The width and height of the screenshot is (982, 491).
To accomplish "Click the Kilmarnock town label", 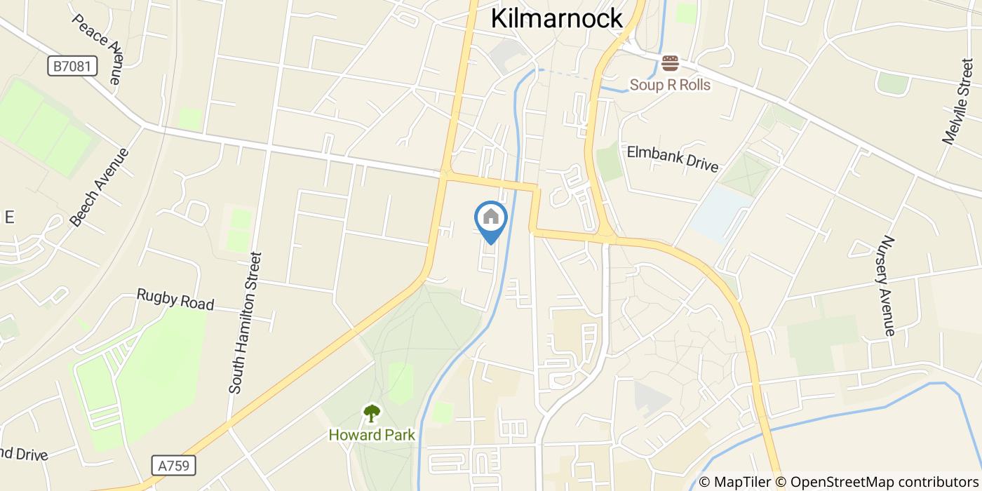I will pyautogui.click(x=557, y=18).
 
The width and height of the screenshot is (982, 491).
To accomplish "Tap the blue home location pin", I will pyautogui.click(x=491, y=222).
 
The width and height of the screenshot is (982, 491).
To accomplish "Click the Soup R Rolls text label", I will pyautogui.click(x=670, y=85).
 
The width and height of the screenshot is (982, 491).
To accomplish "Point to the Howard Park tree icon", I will pyautogui.click(x=372, y=414).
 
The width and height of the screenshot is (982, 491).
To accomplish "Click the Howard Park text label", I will pyautogui.click(x=372, y=435).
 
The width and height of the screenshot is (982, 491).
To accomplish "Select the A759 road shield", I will pyautogui.click(x=173, y=465).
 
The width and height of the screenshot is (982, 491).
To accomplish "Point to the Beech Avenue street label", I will pyautogui.click(x=100, y=187).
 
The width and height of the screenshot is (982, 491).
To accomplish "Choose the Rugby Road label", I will pyautogui.click(x=175, y=300).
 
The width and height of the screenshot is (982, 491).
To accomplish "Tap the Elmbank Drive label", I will pyautogui.click(x=673, y=159).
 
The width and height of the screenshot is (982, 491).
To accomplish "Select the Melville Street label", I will pyautogui.click(x=958, y=102).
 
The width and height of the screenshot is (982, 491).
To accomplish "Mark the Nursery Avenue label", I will pyautogui.click(x=888, y=285).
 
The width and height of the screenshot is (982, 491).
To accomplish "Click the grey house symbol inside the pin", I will pyautogui.click(x=491, y=217).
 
